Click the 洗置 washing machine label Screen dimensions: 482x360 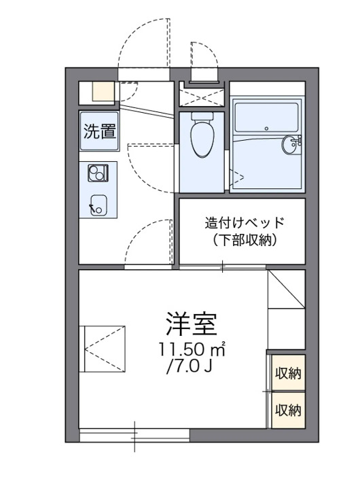click(x=99, y=131)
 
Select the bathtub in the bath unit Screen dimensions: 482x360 click(x=266, y=116)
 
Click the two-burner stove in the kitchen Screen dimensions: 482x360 click(x=97, y=173)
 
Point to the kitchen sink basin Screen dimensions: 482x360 click(x=97, y=203)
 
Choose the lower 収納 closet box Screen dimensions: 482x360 click(x=287, y=409)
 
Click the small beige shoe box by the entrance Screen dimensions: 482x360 click(x=103, y=91)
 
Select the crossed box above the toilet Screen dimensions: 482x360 click(x=201, y=94)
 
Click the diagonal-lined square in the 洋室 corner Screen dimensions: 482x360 click(x=286, y=290)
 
